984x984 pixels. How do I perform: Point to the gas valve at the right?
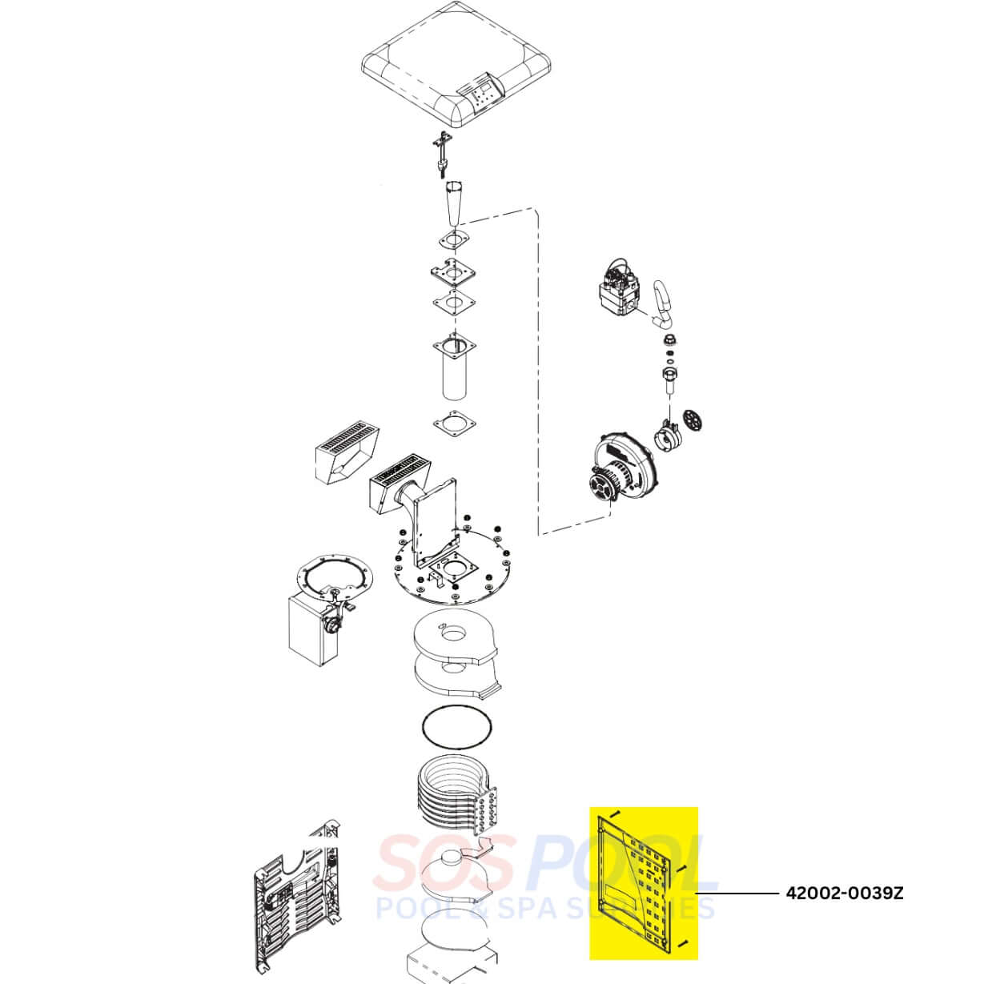click(618, 292)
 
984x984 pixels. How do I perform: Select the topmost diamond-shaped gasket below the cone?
click(454, 240)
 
